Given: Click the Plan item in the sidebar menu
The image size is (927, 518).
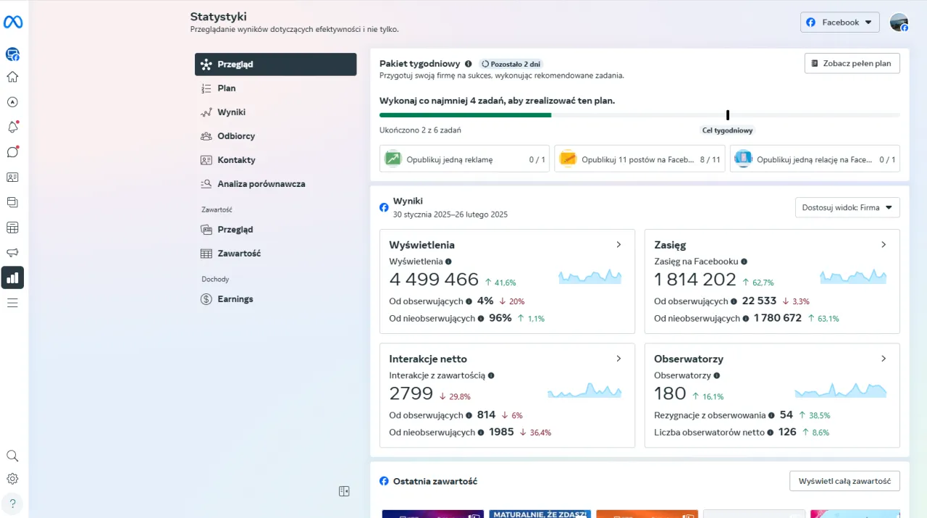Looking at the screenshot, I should (x=227, y=88).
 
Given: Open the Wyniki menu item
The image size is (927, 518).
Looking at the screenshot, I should (x=231, y=112).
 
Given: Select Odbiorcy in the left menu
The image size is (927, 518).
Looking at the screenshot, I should (x=236, y=136).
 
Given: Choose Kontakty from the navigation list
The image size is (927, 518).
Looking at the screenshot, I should (x=236, y=160).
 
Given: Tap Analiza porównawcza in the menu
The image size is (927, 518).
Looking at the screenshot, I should (x=261, y=184).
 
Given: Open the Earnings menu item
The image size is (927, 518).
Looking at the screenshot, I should (x=235, y=299).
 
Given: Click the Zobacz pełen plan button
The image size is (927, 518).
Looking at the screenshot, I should (x=852, y=64).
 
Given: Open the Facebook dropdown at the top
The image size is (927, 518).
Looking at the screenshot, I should (x=839, y=22).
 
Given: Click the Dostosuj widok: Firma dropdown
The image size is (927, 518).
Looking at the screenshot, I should (x=847, y=208).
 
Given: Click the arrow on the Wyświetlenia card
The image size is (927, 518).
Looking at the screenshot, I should (x=618, y=245).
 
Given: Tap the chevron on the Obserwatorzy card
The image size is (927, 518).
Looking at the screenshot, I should (x=884, y=359).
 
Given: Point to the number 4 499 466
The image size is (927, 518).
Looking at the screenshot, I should (x=434, y=280).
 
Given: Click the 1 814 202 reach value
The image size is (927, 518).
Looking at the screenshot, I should (x=695, y=280).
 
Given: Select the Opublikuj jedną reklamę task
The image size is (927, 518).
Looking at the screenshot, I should (x=464, y=159).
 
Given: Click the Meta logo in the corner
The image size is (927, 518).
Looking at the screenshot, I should (x=13, y=22).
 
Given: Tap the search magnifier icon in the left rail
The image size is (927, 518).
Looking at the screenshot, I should (x=12, y=456).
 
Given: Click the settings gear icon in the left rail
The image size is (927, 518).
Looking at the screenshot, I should (x=12, y=479).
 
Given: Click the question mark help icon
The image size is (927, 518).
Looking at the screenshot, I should (x=12, y=503).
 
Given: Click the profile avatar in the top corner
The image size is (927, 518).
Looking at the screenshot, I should (x=899, y=22).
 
